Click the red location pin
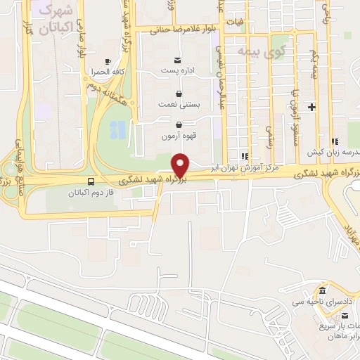point(181,165)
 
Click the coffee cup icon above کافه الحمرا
point(107,61)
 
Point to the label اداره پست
point(177,71)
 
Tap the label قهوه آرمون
point(179,136)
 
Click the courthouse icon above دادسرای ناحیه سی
point(322,290)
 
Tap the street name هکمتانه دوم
point(103,86)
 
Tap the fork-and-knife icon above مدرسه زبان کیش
point(335,141)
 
